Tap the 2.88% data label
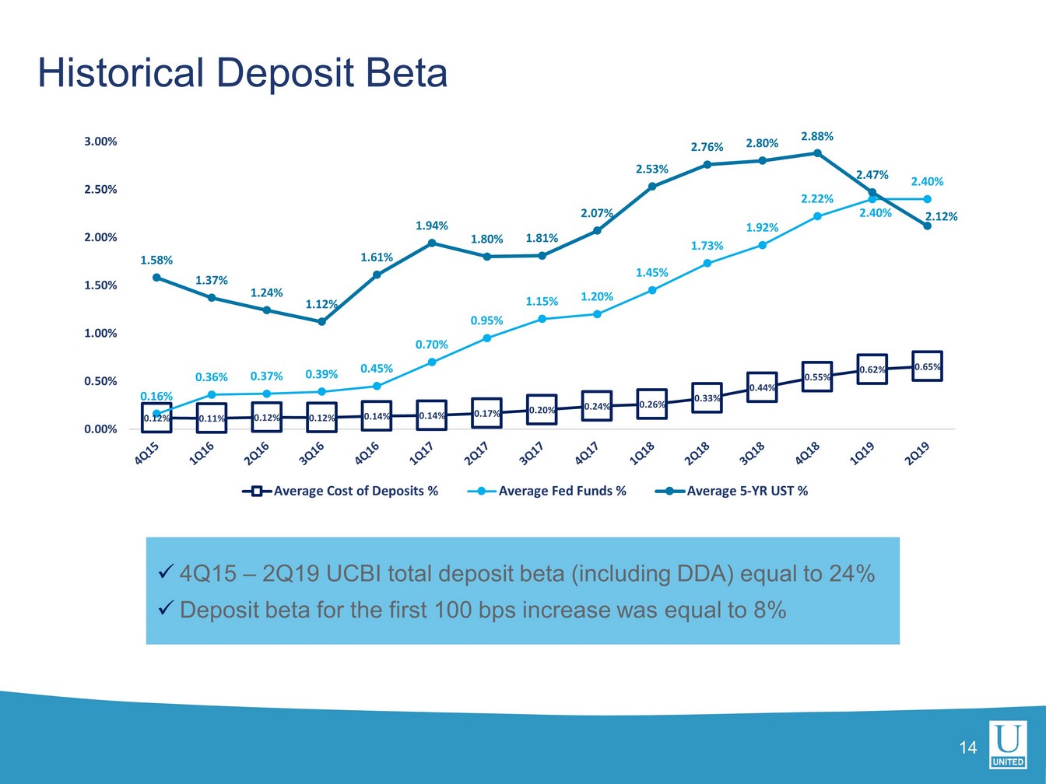click(x=817, y=136)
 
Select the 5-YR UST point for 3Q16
click(x=321, y=321)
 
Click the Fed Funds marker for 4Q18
click(x=817, y=216)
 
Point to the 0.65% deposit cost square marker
click(x=927, y=366)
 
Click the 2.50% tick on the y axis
click(x=100, y=189)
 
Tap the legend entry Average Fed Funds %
click(x=562, y=491)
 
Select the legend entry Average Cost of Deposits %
click(x=356, y=491)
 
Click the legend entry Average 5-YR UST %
click(x=747, y=491)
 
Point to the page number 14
click(x=967, y=748)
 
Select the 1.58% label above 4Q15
click(x=156, y=260)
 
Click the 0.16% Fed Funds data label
click(x=156, y=397)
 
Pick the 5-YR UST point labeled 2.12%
click(x=927, y=226)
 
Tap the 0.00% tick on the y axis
click(x=100, y=429)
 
